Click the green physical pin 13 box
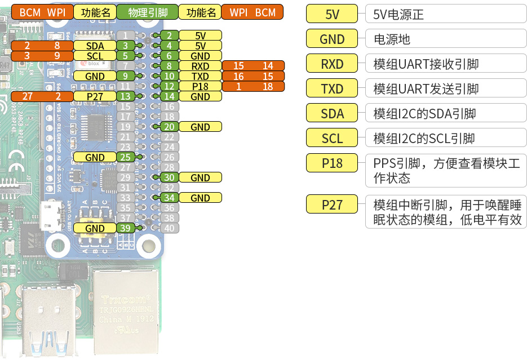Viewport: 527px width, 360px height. [126, 96]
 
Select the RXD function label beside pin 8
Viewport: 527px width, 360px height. [200, 66]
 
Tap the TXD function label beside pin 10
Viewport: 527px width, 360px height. [200, 76]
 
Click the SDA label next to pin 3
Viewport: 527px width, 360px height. [95, 46]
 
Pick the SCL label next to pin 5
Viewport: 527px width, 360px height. [95, 56]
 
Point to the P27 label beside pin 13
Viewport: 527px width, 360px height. [95, 96]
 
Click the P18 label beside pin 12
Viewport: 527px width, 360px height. [200, 86]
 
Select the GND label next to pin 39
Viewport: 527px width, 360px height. [95, 228]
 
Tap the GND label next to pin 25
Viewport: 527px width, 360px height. [95, 157]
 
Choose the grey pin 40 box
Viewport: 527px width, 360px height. [168, 228]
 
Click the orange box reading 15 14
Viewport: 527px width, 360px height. [253, 66]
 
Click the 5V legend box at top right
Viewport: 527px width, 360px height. [332, 14]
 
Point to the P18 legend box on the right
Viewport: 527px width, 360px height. [332, 163]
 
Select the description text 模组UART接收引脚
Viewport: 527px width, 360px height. [426, 64]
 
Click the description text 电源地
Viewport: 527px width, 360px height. [392, 39]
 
